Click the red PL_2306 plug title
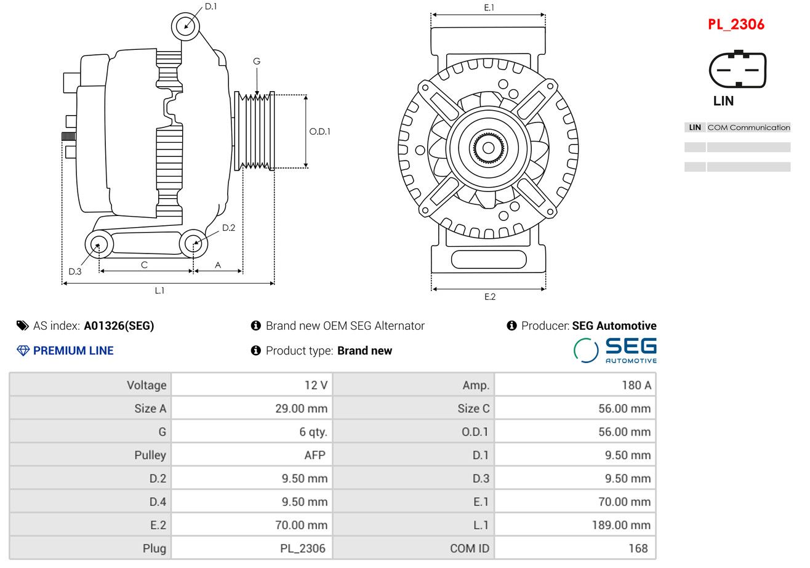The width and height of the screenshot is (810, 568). [736, 25]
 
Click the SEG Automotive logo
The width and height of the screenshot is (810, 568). [615, 350]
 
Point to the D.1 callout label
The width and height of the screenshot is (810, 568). [211, 6]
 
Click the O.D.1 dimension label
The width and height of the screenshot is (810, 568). [319, 131]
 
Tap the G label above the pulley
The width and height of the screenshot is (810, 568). [257, 61]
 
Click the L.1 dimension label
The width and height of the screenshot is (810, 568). [159, 291]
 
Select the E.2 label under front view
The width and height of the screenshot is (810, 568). [489, 297]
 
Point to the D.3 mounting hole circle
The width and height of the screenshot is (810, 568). [98, 244]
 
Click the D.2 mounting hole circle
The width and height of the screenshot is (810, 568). [193, 243]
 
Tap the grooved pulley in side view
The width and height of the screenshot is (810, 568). [254, 131]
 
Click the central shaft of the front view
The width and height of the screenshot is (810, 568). [488, 148]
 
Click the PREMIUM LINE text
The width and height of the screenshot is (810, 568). [73, 351]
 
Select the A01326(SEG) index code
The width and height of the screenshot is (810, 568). [119, 326]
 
